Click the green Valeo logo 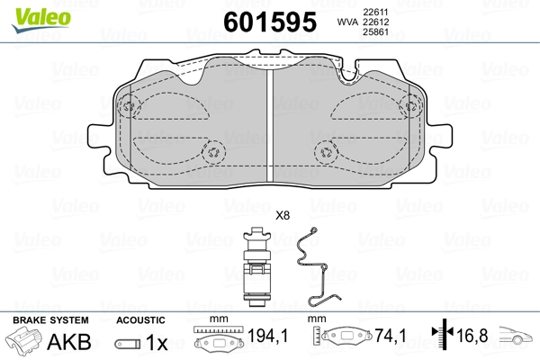tap(41, 20)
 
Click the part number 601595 tap(270, 22)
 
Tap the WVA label tap(347, 22)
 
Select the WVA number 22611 tap(375, 12)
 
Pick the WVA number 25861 tap(375, 32)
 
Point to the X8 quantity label tap(283, 216)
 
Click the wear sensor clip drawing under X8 tap(256, 266)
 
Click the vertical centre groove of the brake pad tap(270, 126)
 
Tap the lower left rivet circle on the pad tap(214, 152)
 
